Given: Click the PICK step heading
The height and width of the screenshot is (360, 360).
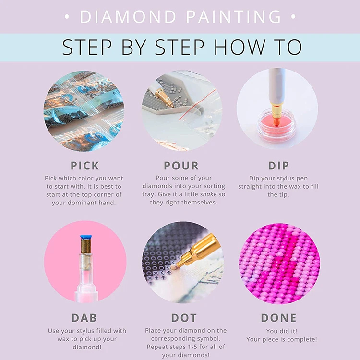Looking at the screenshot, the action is [x=84, y=166].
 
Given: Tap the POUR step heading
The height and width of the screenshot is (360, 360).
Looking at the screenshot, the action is [x=181, y=166].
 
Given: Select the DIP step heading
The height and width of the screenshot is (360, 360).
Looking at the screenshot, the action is [x=278, y=166].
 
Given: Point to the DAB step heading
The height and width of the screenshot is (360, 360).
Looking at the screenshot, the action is [x=84, y=318].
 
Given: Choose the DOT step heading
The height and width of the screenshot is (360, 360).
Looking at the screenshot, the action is [x=184, y=318].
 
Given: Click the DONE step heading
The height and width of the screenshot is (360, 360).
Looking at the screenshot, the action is [x=279, y=318].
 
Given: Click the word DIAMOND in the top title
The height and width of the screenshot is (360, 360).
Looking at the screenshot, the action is [x=128, y=16].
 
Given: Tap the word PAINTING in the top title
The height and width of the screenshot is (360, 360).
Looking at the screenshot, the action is [x=233, y=16].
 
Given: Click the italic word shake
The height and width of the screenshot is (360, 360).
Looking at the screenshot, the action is [x=208, y=194].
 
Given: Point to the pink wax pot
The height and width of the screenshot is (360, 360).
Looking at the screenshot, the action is [x=276, y=126].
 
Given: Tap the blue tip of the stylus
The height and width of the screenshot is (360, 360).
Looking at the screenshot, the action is [x=86, y=237].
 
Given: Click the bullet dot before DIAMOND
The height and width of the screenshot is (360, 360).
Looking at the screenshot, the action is [x=67, y=17].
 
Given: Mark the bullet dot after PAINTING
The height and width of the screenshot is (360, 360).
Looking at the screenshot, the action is [x=293, y=17].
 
